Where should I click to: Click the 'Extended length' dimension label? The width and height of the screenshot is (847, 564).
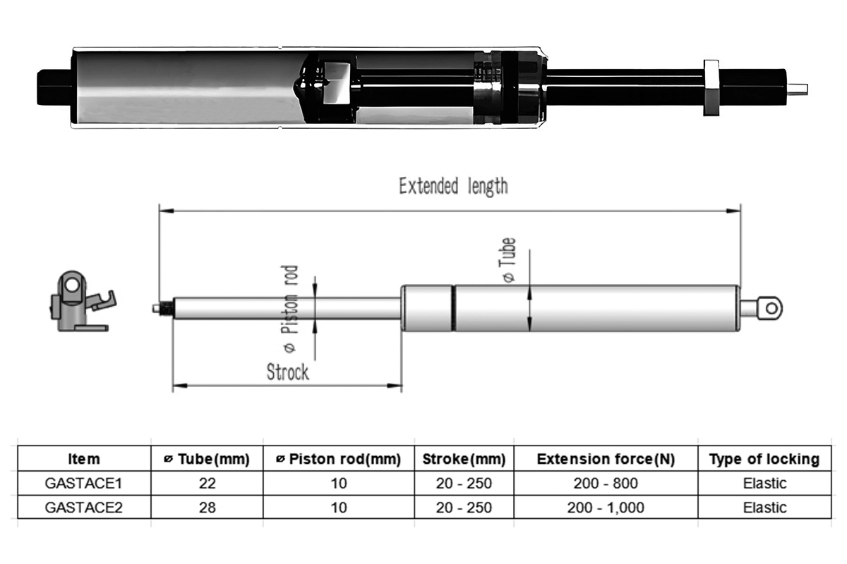click(452, 186)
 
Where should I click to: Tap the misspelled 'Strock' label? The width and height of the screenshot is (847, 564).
click(287, 371)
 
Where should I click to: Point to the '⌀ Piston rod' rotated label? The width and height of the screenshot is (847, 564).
click(290, 309)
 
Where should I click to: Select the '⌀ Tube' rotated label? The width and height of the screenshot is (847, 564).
click(507, 260)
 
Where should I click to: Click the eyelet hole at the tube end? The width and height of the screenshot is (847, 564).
click(771, 307)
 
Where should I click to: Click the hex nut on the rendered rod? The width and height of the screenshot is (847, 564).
click(711, 87)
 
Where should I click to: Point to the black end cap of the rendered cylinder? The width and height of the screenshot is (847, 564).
click(55, 87)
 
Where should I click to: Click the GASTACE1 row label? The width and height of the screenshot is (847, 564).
click(83, 484)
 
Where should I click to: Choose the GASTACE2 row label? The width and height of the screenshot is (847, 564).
click(83, 508)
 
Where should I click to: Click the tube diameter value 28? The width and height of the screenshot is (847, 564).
click(207, 508)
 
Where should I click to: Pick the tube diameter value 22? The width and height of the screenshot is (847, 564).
click(207, 484)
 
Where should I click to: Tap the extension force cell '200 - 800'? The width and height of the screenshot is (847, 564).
click(605, 484)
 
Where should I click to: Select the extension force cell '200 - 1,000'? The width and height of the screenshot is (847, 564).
click(605, 508)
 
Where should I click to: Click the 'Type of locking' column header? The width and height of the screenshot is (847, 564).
click(764, 460)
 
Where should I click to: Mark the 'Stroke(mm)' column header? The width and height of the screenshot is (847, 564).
click(464, 460)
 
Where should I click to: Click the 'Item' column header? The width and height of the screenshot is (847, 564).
click(83, 460)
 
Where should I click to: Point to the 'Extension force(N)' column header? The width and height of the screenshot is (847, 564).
click(605, 460)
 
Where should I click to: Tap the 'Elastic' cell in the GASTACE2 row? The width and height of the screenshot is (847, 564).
click(764, 508)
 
